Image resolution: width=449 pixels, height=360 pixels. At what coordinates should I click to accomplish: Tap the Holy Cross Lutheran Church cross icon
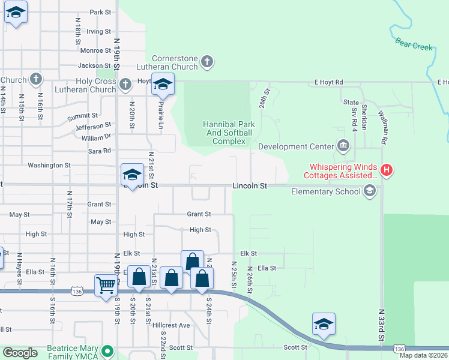click(x=125, y=84)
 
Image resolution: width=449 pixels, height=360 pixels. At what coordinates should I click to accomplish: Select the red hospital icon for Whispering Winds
click(x=387, y=170)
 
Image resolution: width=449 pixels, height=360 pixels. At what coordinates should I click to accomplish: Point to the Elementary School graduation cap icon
click(x=370, y=191)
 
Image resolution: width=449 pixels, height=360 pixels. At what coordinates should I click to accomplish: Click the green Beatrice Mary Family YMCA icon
click(x=107, y=350)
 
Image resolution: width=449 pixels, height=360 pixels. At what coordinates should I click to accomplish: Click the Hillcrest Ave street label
click(x=171, y=325)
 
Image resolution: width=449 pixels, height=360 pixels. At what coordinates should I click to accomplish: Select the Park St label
click(x=100, y=12)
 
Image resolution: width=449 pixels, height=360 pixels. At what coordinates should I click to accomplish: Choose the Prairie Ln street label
click(x=160, y=115)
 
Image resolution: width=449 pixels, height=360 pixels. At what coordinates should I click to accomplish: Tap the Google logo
click(x=20, y=353)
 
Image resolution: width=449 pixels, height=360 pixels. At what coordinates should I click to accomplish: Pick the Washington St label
click(x=49, y=165)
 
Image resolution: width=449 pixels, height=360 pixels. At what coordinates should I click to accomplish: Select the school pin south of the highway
click(x=324, y=324)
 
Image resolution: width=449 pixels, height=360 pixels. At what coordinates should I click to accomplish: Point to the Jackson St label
click(x=94, y=65)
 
